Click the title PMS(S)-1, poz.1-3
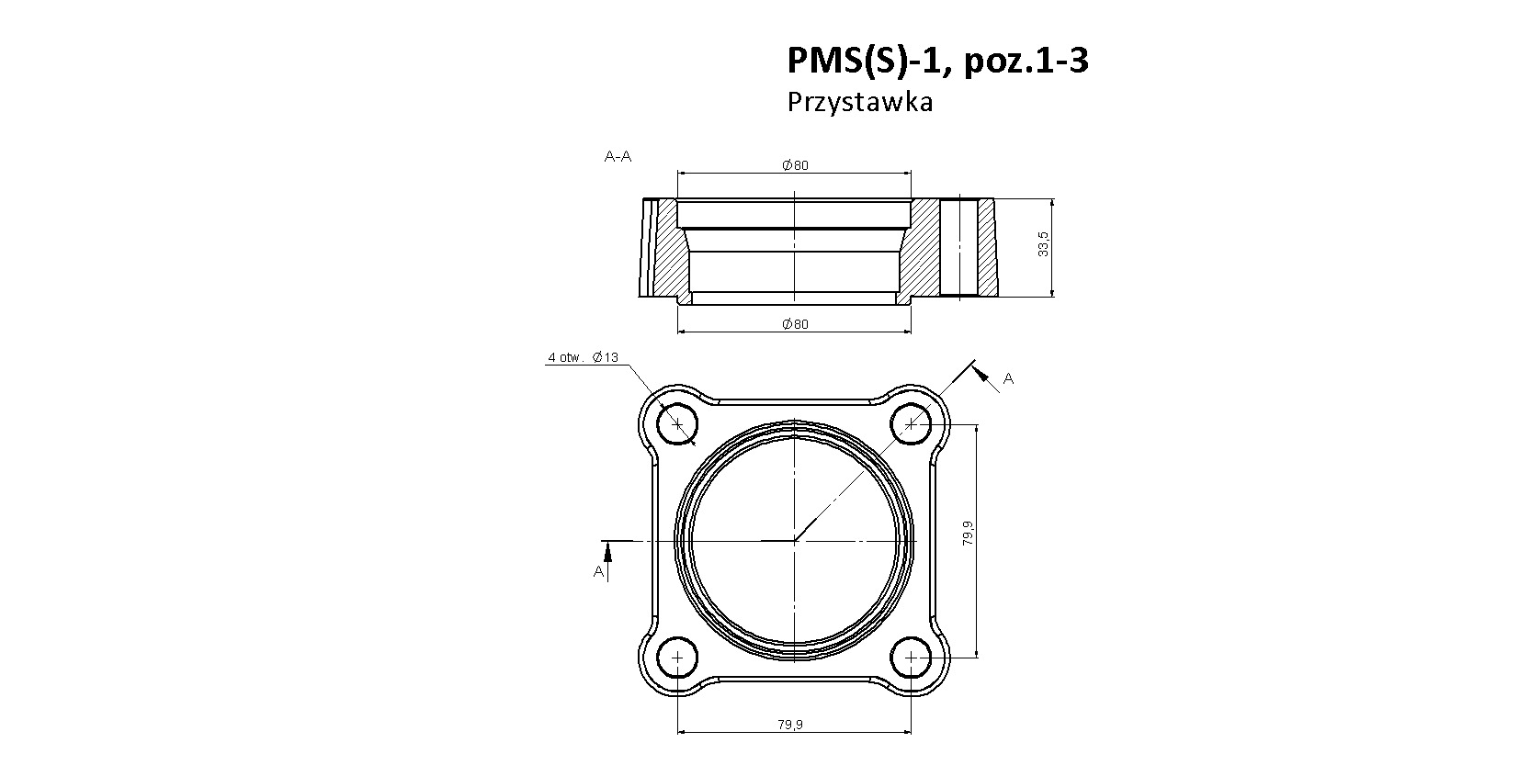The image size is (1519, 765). [937, 61]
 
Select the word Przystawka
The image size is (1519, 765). [860, 102]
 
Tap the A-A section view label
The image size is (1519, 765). [618, 156]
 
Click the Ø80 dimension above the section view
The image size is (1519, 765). [795, 165]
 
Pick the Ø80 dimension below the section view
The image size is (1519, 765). [795, 324]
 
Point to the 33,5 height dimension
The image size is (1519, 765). [1043, 244]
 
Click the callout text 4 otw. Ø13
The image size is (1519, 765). [584, 357]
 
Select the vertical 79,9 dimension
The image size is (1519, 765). [968, 533]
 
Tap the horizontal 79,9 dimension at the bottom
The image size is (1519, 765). [790, 725]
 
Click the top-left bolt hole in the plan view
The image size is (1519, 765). [677, 424]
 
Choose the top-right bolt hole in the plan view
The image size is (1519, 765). [911, 424]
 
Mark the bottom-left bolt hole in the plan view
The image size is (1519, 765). [677, 658]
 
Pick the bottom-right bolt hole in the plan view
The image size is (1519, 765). [911, 658]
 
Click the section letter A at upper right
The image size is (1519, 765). [1008, 378]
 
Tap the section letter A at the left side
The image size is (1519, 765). [598, 572]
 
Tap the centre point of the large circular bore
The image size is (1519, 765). [794, 541]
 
